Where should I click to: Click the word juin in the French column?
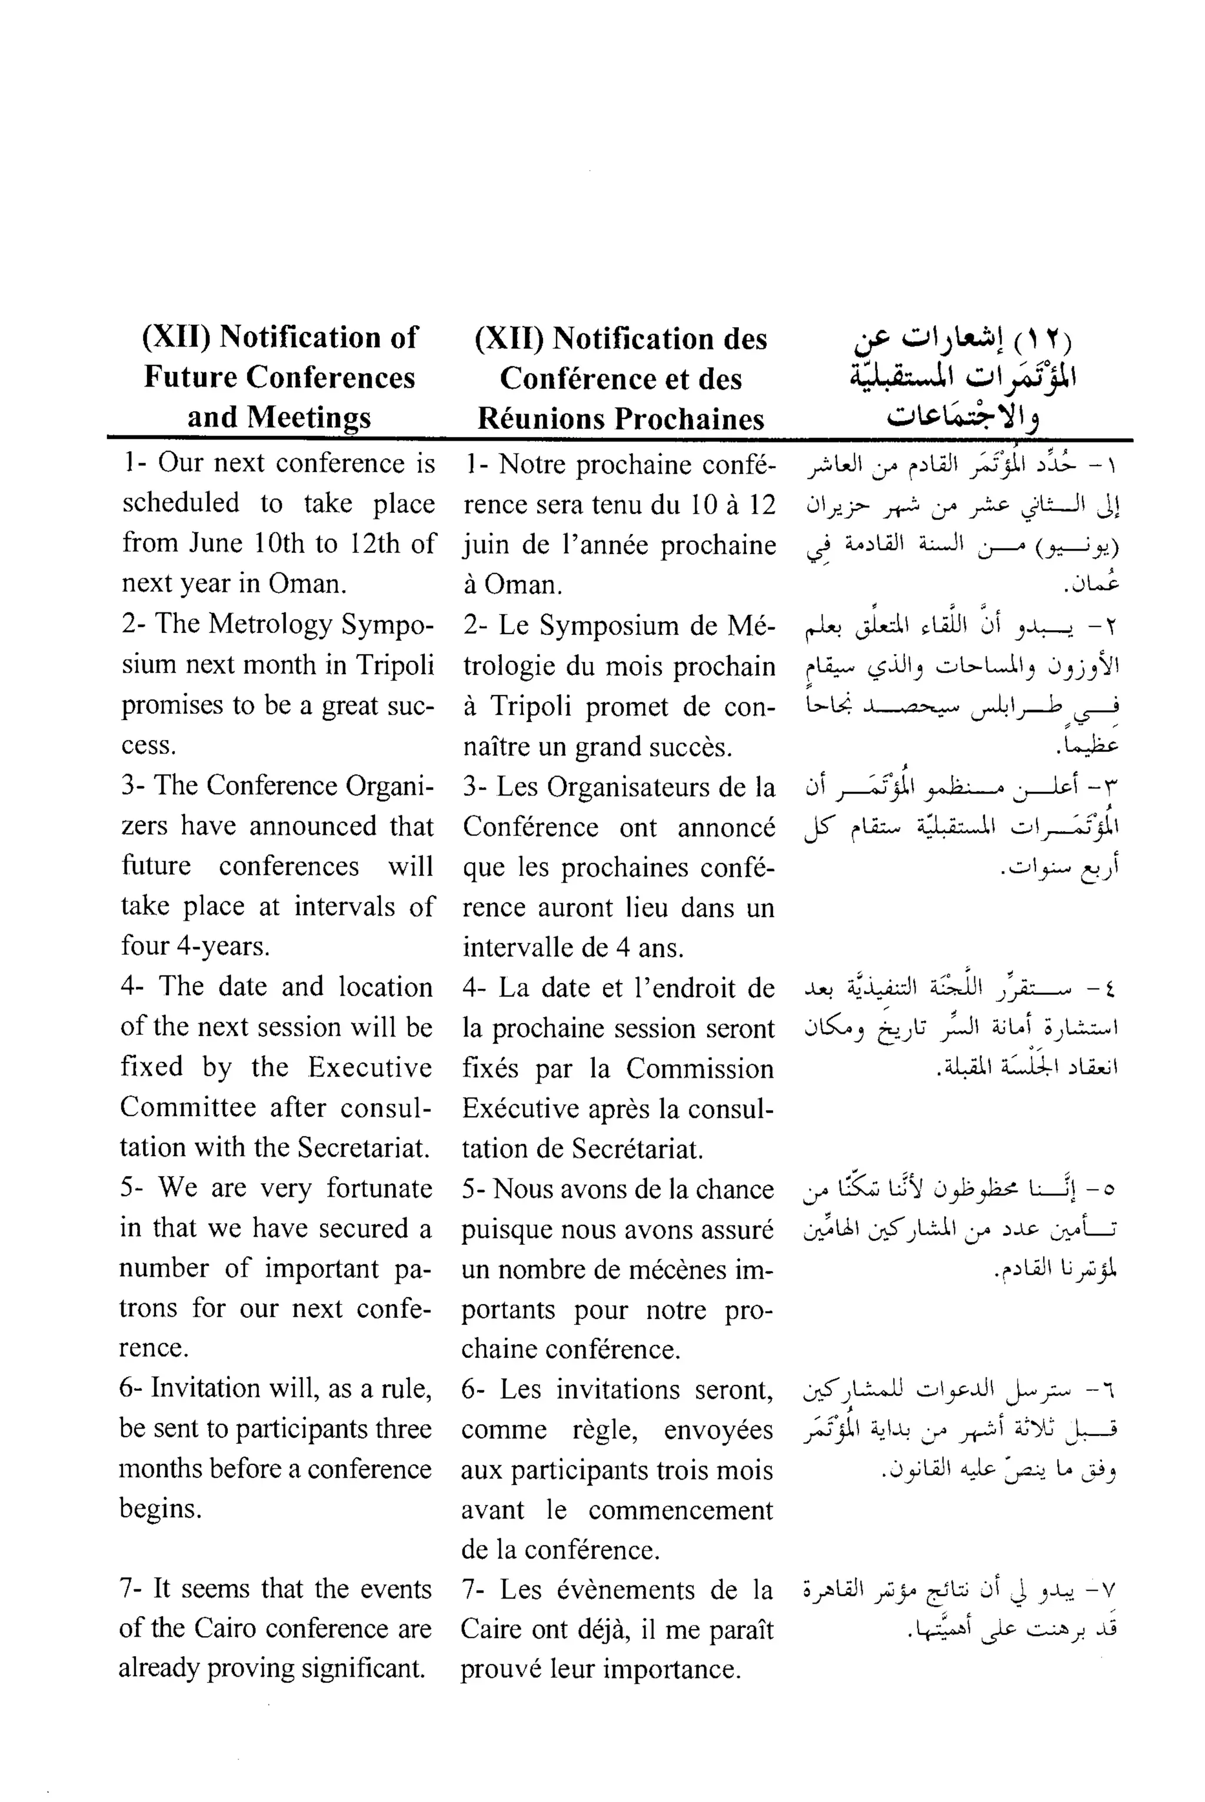485,545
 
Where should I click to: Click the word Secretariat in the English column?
362,1147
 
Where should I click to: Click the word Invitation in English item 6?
204,1388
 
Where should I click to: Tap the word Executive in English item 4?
370,1067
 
